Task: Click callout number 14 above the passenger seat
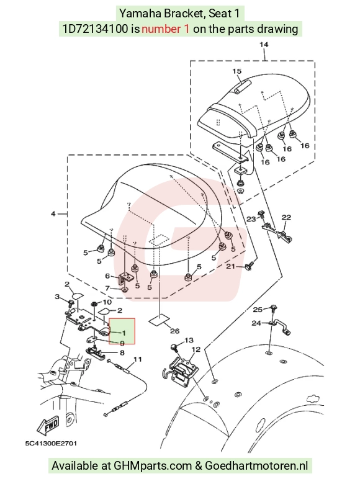pos(264,45)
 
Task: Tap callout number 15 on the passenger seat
pos(237,71)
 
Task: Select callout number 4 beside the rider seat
pos(53,214)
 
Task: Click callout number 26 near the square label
pos(175,331)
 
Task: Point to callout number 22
pos(286,218)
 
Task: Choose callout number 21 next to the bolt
pos(230,266)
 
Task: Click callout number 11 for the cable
pos(138,359)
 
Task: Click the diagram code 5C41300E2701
pos(51,443)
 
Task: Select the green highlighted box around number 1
pos(122,331)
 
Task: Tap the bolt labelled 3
pos(71,303)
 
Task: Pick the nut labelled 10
pos(95,304)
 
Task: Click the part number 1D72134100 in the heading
pos(96,29)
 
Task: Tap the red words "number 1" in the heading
pos(165,29)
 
